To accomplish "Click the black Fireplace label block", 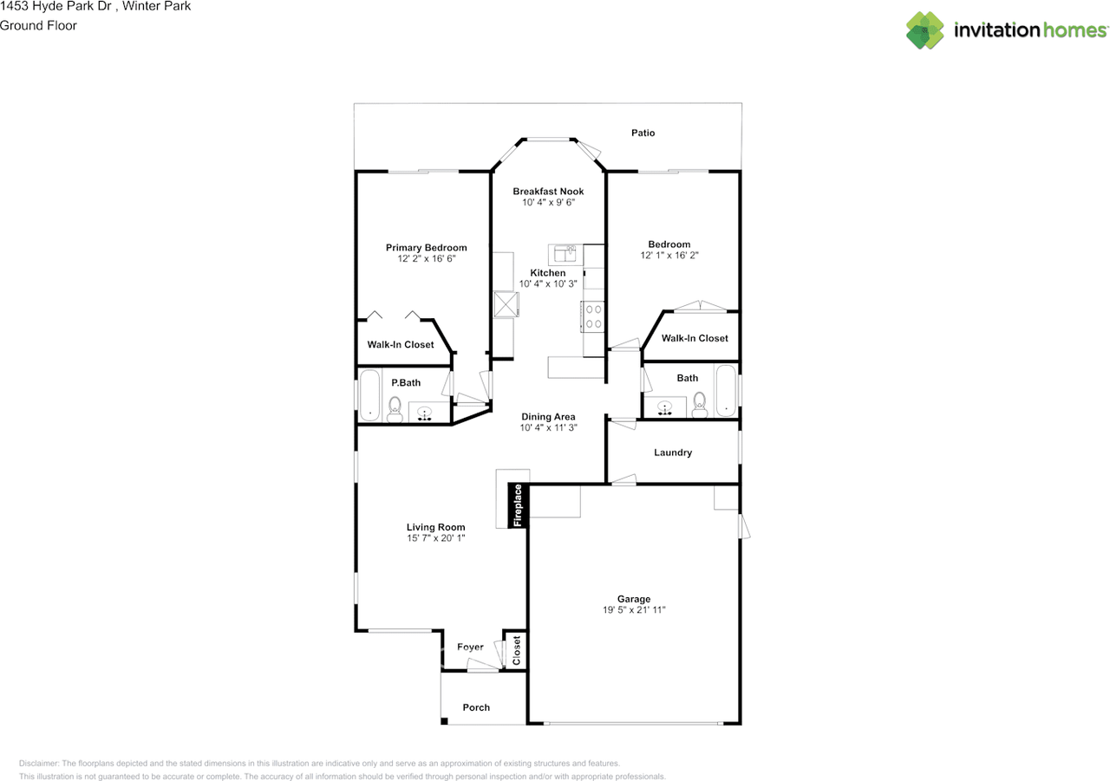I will coord(519,505).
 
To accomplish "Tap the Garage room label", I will coord(634,599).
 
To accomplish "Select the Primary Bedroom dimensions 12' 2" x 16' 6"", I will coord(426,258).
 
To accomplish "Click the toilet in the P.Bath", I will coord(395,408).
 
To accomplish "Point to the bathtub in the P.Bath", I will coord(369,395).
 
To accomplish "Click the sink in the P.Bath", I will coord(425,413).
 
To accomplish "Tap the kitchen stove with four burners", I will coord(593,316).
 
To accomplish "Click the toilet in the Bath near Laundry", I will coord(700,404).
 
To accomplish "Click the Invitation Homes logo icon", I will coord(925,30).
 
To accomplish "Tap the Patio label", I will coord(643,133).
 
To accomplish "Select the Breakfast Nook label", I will coord(548,192).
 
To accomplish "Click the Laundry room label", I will coord(673,452).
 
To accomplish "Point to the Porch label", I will coord(476,707).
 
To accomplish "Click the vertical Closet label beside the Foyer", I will coord(516,651).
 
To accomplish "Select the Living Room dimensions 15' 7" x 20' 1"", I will coord(436,537).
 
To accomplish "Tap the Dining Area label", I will coord(548,417).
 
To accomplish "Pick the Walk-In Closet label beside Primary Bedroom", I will coord(401,344).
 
